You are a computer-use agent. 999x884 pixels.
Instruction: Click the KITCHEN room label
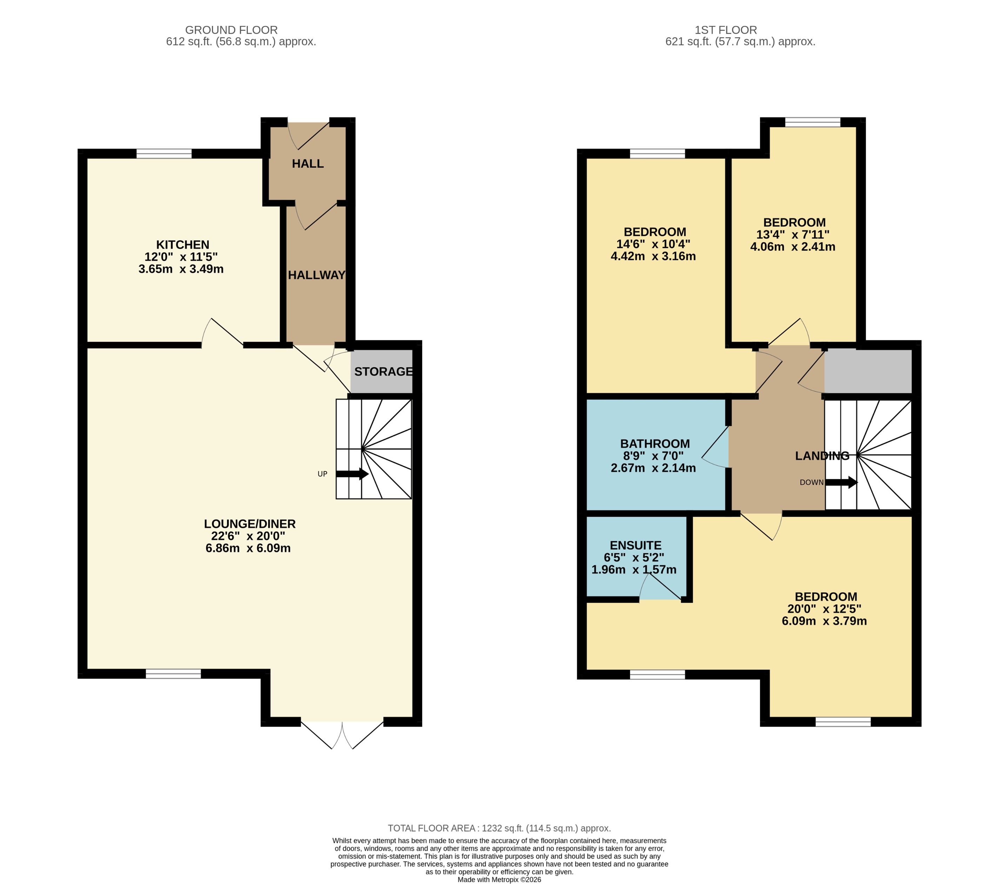click(182, 245)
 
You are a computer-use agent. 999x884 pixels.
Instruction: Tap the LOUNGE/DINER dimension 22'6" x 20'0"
click(248, 536)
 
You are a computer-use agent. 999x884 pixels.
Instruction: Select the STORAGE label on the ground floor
click(383, 371)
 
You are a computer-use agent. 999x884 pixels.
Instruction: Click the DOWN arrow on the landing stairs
click(841, 482)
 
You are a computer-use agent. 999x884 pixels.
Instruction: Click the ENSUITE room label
click(635, 545)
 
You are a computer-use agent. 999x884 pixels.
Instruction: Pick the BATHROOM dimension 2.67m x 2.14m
click(653, 468)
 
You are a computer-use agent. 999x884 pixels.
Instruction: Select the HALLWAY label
click(316, 275)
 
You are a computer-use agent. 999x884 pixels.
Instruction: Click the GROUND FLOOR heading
click(231, 30)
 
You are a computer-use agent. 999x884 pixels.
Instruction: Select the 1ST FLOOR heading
click(725, 30)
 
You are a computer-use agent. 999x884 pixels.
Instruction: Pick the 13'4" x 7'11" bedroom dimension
click(792, 235)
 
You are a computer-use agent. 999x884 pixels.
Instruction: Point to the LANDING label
click(822, 456)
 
